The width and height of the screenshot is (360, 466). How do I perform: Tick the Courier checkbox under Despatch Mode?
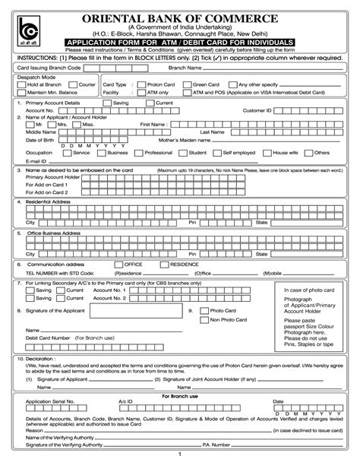coord(71,85)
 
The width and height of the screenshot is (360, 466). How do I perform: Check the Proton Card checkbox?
coord(140,85)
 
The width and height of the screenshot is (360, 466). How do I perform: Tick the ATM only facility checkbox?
coord(140,92)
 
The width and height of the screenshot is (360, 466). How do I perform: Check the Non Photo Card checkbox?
coord(204,320)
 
